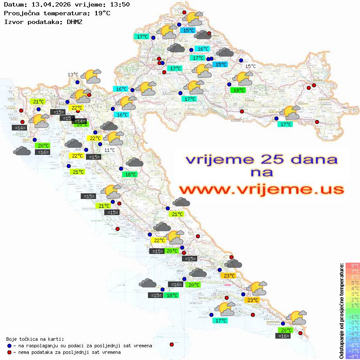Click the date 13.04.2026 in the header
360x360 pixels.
click(48, 4)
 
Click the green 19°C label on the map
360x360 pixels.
click(238, 90)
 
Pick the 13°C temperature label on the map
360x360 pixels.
click(72, 75)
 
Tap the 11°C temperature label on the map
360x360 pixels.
click(110, 150)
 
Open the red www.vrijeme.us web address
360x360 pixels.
click(261, 189)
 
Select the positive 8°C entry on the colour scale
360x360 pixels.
click(353, 265)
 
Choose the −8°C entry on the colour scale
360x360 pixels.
click(352, 356)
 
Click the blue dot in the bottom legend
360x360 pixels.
click(10, 346)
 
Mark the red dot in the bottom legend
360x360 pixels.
click(10, 352)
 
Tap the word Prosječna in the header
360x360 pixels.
click(21, 13)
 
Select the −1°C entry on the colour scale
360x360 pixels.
click(352, 316)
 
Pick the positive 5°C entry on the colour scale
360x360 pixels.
click(353, 282)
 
